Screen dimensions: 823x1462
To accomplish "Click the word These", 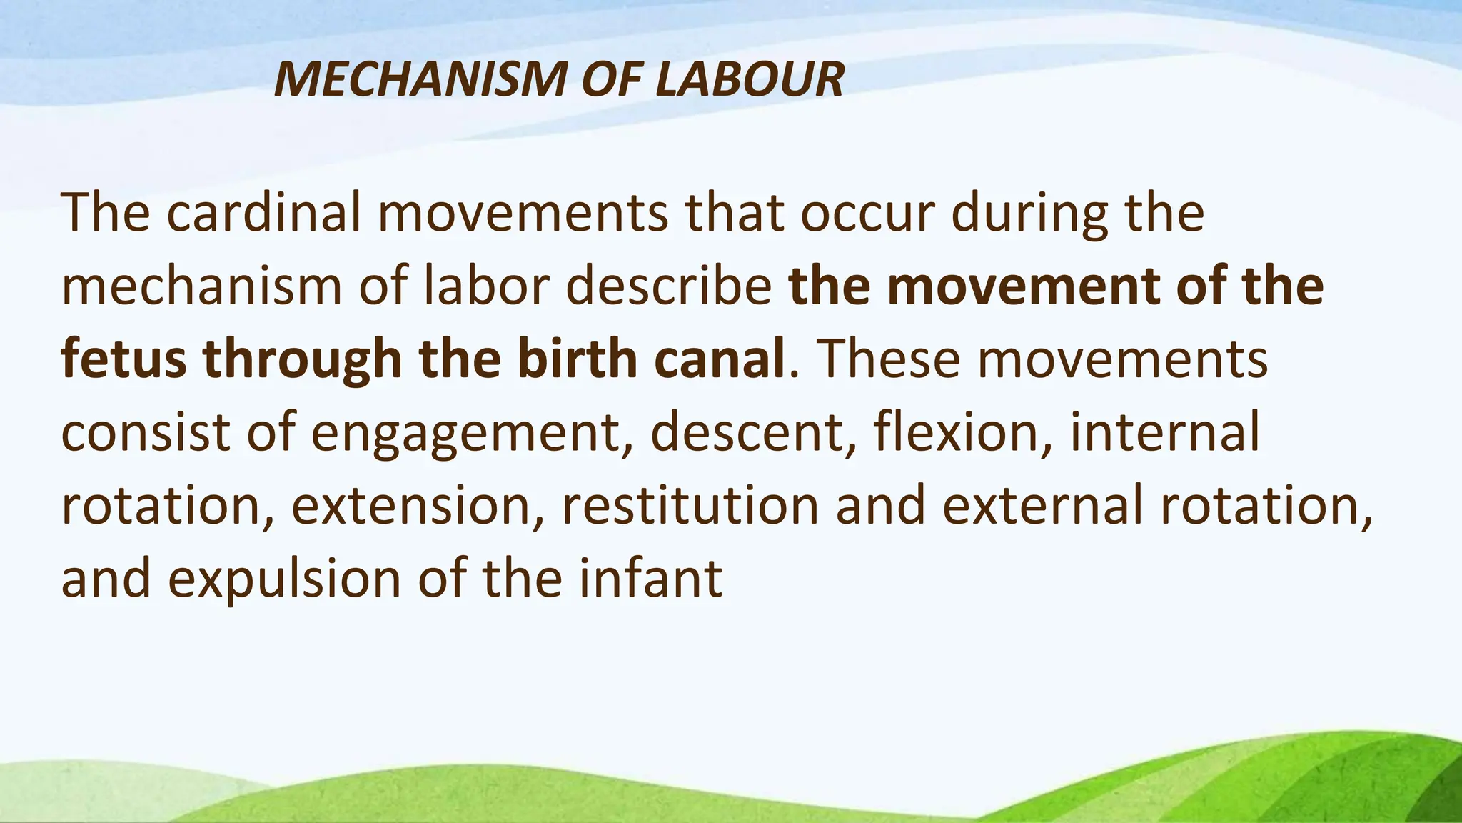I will tap(887, 359).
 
